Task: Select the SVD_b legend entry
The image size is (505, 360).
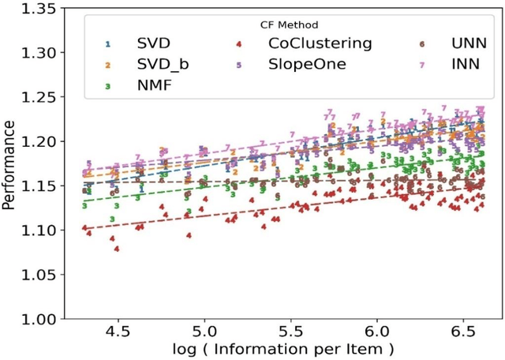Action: pos(159,64)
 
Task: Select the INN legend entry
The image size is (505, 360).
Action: pos(465,64)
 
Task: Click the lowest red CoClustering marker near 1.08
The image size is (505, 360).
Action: pos(117,249)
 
